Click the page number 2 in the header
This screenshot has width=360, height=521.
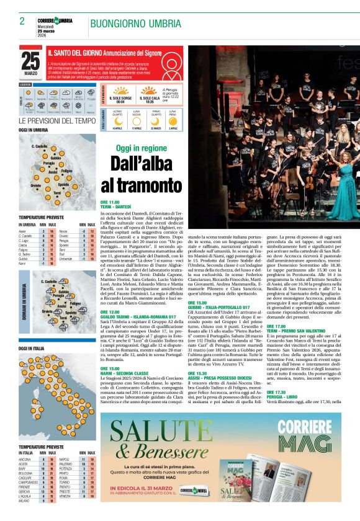click(x=22, y=20)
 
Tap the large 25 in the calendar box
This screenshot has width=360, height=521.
click(x=30, y=61)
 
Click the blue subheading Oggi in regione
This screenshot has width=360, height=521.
click(x=142, y=149)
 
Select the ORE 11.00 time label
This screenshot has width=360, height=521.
click(x=110, y=202)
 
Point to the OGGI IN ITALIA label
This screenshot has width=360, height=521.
click(x=31, y=349)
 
